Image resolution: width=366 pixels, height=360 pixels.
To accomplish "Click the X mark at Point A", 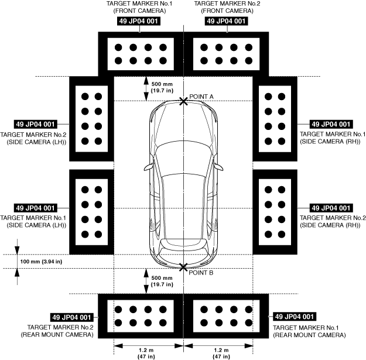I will (184, 101).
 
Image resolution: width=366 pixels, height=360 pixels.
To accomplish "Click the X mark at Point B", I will (184, 268).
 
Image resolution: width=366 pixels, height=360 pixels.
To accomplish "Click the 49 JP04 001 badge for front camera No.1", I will (138, 21).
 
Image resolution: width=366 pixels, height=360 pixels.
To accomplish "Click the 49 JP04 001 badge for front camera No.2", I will (226, 21).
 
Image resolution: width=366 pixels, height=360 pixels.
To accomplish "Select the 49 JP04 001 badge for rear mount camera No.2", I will (71, 317).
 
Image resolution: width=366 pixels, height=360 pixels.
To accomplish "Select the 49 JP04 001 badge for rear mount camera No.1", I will (296, 317).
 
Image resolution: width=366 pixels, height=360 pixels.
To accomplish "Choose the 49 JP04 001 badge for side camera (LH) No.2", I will (35, 124).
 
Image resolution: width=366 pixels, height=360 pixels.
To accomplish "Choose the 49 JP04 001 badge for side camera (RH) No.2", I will (331, 208).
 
